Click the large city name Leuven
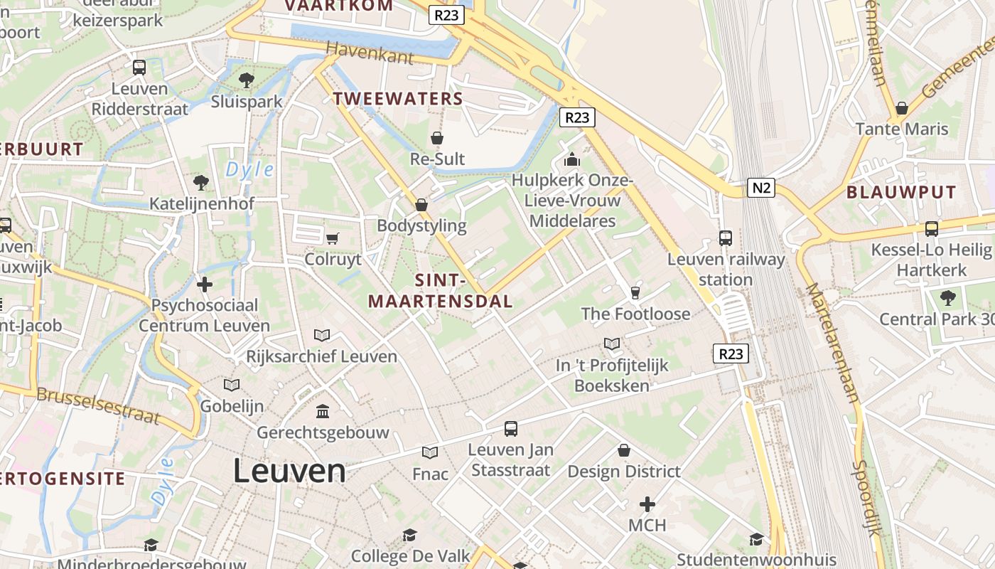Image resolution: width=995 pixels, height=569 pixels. pyautogui.click(x=289, y=472)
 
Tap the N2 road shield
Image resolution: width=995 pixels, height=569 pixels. pyautogui.click(x=760, y=188)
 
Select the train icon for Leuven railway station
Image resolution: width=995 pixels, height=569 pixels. pyautogui.click(x=726, y=238)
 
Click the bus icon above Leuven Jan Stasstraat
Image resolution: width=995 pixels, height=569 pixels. pyautogui.click(x=511, y=429)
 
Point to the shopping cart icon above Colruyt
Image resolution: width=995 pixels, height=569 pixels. pyautogui.click(x=332, y=238)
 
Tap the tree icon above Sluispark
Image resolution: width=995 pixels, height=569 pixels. pyautogui.click(x=247, y=80)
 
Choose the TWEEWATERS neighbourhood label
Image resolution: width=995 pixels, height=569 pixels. pyautogui.click(x=398, y=99)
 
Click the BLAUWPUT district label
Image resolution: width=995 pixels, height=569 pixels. pyautogui.click(x=901, y=192)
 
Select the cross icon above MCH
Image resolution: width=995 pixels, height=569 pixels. pyautogui.click(x=647, y=504)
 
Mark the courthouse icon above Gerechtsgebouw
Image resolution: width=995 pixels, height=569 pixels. pyautogui.click(x=323, y=411)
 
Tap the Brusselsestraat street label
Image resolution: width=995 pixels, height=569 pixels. pyautogui.click(x=97, y=405)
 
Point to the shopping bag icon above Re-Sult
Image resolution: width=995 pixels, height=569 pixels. pyautogui.click(x=437, y=137)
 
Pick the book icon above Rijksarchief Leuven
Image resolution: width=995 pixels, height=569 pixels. pyautogui.click(x=322, y=335)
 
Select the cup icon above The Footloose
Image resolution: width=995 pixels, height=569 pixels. pyautogui.click(x=635, y=292)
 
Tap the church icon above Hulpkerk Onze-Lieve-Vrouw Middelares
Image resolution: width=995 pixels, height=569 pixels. pyautogui.click(x=572, y=159)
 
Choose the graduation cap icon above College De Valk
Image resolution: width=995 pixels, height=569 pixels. pyautogui.click(x=409, y=535)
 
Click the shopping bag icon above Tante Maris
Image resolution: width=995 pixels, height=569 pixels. pyautogui.click(x=901, y=108)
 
